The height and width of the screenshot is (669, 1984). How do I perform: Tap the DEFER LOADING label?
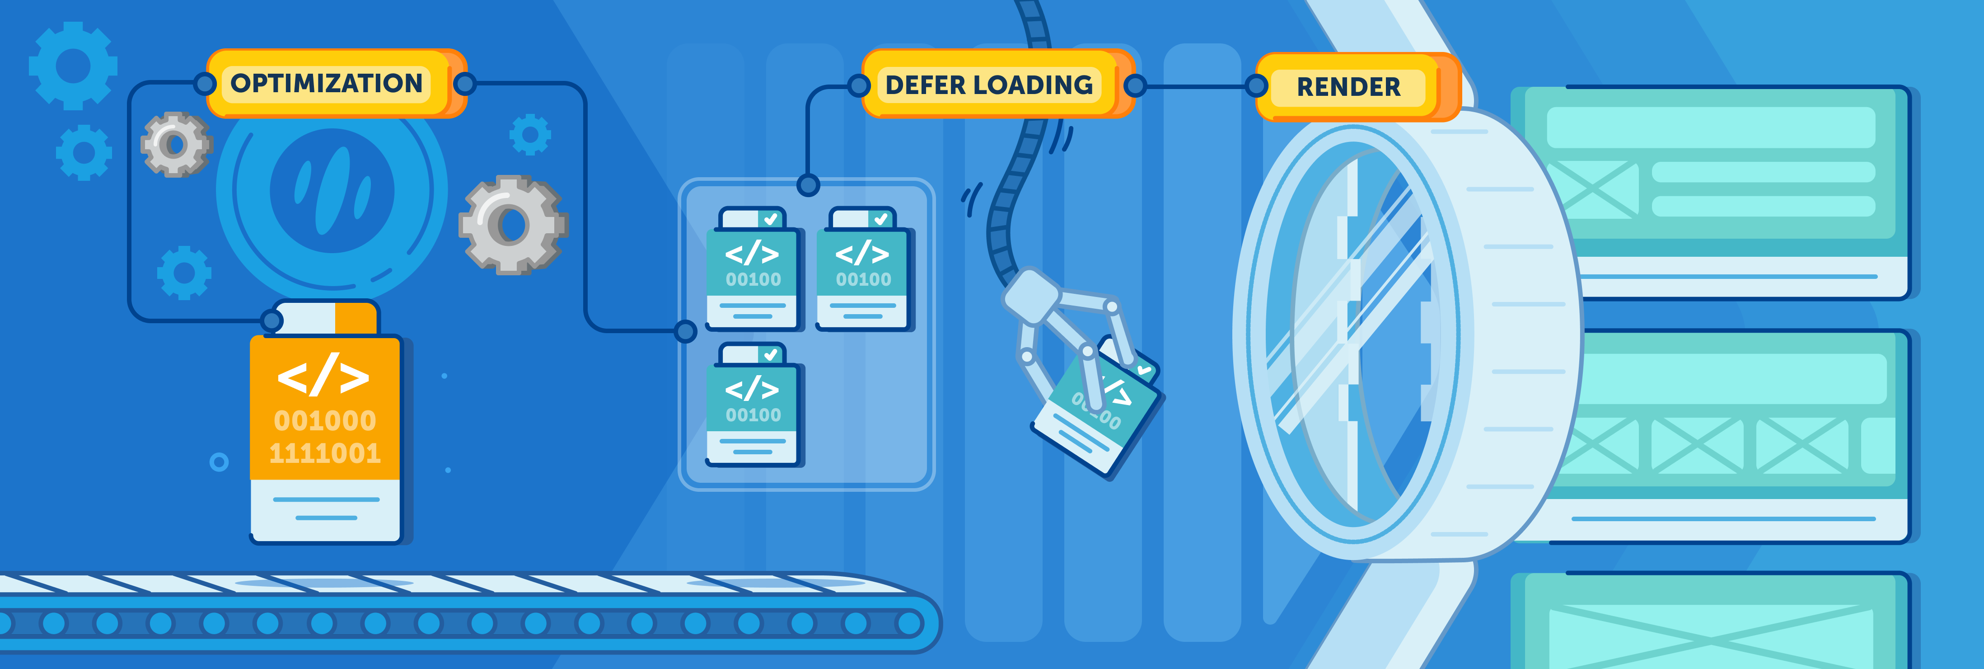[x=989, y=85]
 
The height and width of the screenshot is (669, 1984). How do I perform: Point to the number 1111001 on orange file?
[x=325, y=453]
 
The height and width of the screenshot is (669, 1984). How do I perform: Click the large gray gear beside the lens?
[x=513, y=225]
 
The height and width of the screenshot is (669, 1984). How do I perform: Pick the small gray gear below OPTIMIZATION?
[x=176, y=144]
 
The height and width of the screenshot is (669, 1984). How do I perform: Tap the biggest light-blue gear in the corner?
[x=73, y=66]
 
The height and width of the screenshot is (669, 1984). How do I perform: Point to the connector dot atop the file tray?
[x=808, y=185]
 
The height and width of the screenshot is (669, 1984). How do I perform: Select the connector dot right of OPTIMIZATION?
[x=464, y=83]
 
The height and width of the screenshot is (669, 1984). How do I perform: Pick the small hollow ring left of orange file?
[x=219, y=462]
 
